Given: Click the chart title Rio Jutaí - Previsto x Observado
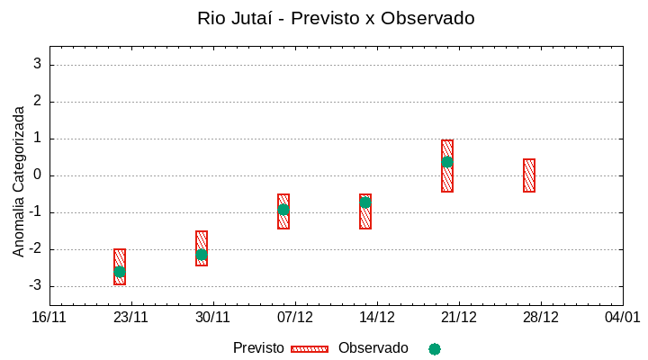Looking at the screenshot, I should pyautogui.click(x=336, y=18).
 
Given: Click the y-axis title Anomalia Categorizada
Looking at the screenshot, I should pyautogui.click(x=19, y=181).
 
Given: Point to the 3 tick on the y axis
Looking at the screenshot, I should pyautogui.click(x=38, y=65).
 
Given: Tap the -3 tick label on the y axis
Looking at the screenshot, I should pyautogui.click(x=35, y=286).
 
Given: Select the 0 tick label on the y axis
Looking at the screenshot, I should pyautogui.click(x=38, y=175).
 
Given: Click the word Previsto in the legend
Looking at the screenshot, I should pyautogui.click(x=258, y=348).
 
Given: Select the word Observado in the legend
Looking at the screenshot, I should pyautogui.click(x=373, y=348).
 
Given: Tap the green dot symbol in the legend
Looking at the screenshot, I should pyautogui.click(x=435, y=349).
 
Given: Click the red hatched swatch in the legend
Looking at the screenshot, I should pyautogui.click(x=310, y=349).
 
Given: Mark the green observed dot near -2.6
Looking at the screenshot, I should pyautogui.click(x=120, y=272).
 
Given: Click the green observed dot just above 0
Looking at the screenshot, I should pyautogui.click(x=447, y=162).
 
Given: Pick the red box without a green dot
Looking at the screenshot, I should pyautogui.click(x=529, y=175).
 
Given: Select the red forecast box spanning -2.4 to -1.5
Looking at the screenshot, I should pyautogui.click(x=202, y=248).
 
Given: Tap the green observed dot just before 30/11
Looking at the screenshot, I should pyautogui.click(x=202, y=255).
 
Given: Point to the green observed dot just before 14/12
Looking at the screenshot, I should pyautogui.click(x=365, y=202).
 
